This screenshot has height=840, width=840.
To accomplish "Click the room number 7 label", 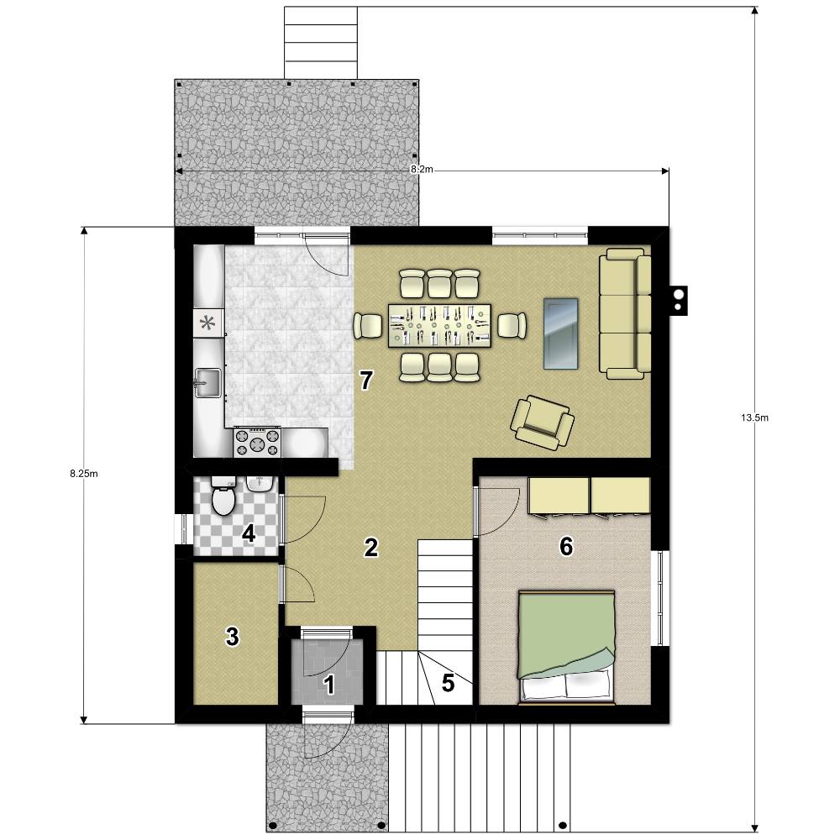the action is coord(366,381).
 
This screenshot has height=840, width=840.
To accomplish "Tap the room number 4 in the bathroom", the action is coord(249,533).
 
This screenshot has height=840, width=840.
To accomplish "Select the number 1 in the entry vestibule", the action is coord(329,685).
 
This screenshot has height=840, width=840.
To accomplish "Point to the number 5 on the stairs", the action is coord(448,682).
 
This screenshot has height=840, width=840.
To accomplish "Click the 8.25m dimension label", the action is coord(83,474).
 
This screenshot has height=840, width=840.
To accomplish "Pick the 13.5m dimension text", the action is coord(755,417).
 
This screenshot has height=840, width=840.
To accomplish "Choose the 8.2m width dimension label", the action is coord(422,170).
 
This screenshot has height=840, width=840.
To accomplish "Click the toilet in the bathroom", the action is coord(223,496).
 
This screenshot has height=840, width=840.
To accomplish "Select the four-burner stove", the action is coord(257,443).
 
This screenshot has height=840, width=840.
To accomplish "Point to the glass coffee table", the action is coord(561,333).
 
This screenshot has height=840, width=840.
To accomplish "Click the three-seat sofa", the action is coord(625,313).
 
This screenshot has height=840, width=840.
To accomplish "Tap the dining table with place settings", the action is coord(440,325).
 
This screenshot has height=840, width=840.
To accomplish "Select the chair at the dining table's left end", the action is coord(368,325).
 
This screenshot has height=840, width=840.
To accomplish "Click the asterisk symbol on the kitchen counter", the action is coord(207,323).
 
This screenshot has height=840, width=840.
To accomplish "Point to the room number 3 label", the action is coord(233,637).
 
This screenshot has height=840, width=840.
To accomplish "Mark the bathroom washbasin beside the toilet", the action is coord(260,483).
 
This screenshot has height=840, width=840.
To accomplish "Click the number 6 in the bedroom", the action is coord(565,547).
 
